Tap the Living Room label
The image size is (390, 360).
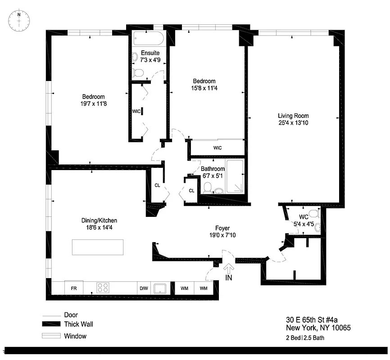click(293, 116)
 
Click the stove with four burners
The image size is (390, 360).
click(103, 288)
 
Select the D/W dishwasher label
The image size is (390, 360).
click(144, 288)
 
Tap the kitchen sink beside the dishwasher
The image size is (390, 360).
click(160, 288)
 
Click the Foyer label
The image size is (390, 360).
click(222, 228)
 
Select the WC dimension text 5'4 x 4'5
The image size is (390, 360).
click(303, 224)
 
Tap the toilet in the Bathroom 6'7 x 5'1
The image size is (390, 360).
click(208, 187)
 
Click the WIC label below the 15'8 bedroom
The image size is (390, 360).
click(218, 148)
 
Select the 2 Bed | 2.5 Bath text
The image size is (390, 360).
click(305, 337)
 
